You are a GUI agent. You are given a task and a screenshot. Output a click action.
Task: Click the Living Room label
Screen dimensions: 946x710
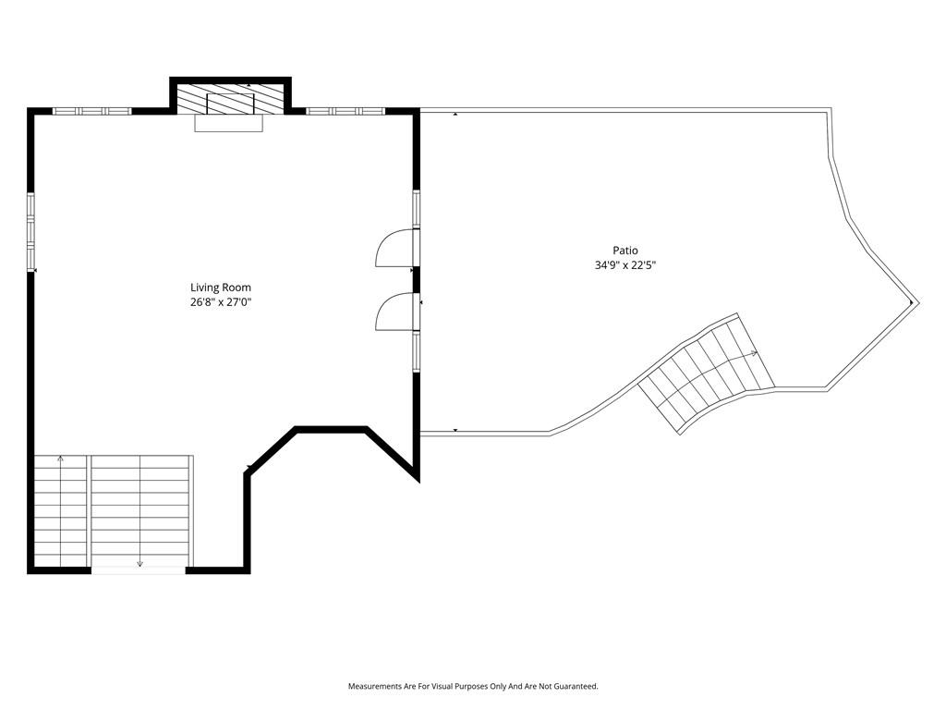[221, 288]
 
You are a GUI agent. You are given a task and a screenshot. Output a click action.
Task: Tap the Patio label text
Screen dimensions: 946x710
[625, 250]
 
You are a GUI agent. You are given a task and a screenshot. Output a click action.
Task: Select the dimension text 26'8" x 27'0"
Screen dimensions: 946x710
[221, 302]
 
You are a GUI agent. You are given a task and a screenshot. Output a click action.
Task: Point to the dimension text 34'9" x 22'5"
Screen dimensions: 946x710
[625, 265]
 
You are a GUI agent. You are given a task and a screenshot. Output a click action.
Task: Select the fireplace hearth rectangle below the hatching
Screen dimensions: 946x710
[229, 123]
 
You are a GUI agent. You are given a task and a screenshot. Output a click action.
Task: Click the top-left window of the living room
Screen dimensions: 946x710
[91, 111]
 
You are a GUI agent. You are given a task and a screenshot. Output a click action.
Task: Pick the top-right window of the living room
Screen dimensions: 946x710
[346, 111]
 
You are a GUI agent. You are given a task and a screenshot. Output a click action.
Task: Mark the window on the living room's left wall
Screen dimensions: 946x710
[30, 230]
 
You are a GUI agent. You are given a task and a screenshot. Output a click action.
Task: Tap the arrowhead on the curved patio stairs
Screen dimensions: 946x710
[754, 353]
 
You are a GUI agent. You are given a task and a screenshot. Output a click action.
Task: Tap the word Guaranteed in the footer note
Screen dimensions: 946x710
[578, 687]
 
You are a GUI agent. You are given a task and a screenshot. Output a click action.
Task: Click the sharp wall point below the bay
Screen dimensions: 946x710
[418, 480]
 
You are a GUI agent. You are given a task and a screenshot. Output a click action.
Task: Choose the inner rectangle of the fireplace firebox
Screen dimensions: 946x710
[230, 104]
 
